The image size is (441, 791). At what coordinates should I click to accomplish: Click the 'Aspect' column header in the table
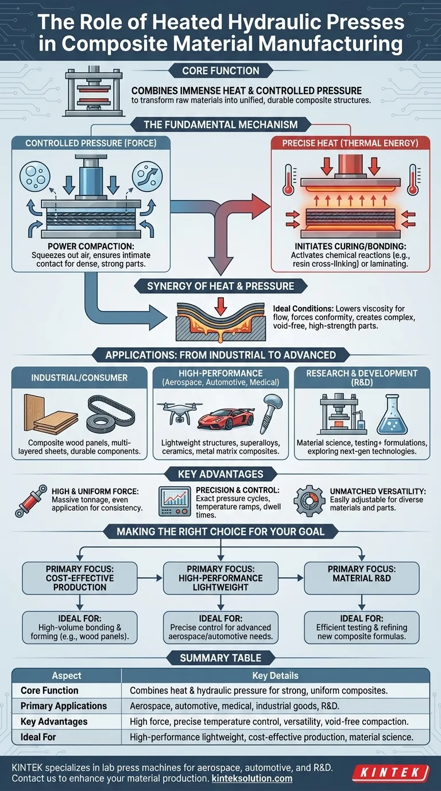pyautogui.click(x=67, y=675)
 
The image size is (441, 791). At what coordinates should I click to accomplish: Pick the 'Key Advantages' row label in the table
pyautogui.click(x=54, y=721)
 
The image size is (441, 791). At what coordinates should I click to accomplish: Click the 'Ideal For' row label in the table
pyautogui.click(x=38, y=736)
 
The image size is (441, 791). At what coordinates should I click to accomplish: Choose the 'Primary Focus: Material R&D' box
pyautogui.click(x=362, y=578)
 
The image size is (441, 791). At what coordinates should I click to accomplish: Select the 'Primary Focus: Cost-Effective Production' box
pyautogui.click(x=80, y=578)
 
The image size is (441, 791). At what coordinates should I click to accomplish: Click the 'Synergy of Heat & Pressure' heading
pyautogui.click(x=220, y=286)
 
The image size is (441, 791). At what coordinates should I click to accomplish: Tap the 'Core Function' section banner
pyautogui.click(x=220, y=71)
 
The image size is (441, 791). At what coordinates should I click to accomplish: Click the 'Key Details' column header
pyautogui.click(x=276, y=675)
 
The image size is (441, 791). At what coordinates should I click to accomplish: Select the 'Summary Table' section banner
pyautogui.click(x=220, y=657)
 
